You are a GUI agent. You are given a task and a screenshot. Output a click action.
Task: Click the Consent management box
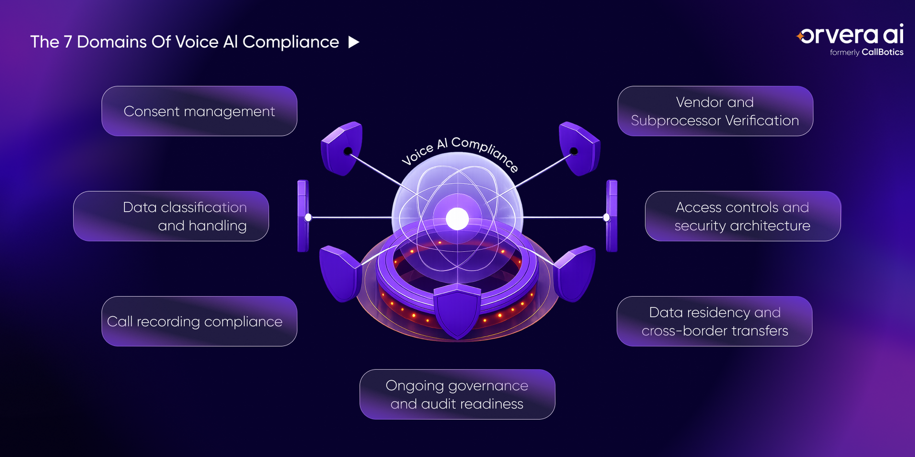tap(199, 111)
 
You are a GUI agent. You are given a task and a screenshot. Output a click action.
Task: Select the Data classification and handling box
tap(171, 216)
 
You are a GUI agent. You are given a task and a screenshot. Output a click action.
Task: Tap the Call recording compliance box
tap(199, 321)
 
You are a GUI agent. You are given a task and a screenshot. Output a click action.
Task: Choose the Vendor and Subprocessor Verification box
tap(715, 111)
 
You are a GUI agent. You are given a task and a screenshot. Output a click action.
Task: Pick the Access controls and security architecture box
tap(743, 216)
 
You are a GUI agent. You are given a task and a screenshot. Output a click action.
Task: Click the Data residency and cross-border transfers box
tap(714, 321)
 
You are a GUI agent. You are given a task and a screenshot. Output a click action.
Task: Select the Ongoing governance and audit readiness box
tap(457, 394)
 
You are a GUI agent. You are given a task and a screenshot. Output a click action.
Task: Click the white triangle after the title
tap(354, 42)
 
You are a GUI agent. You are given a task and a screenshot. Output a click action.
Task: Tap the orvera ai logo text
tap(852, 34)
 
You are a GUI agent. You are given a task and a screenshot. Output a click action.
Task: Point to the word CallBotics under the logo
tap(883, 52)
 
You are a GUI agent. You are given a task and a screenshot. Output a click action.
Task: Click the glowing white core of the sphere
tap(457, 219)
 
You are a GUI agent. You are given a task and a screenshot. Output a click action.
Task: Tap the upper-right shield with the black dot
tap(579, 148)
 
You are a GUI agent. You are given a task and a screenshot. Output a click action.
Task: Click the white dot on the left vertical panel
tap(308, 218)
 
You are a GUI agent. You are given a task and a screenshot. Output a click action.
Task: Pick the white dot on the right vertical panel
tap(607, 218)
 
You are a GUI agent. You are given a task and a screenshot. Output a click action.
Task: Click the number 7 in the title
tap(68, 42)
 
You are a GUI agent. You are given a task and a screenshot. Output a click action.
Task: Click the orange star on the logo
tap(799, 36)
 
